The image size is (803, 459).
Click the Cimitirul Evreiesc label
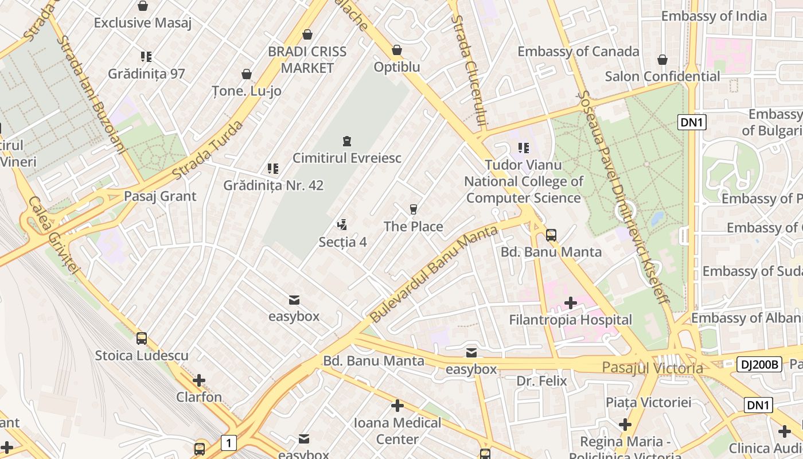[347, 158]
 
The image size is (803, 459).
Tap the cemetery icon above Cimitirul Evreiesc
[347, 141]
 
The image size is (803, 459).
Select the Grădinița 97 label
[146, 73]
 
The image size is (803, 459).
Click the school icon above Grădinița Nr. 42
[273, 169]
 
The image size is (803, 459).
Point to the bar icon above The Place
[414, 209]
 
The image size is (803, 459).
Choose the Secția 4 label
[342, 242]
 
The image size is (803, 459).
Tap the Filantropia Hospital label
[571, 320]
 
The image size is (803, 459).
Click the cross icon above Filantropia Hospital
[571, 302]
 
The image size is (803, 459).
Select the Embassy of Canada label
[578, 51]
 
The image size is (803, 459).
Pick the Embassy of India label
[714, 15]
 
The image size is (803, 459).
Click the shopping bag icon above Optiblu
[397, 50]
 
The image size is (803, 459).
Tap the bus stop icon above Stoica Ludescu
[142, 339]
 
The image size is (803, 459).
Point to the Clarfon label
[199, 397]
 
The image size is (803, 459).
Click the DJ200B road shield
[759, 364]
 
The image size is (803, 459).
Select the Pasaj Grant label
[160, 196]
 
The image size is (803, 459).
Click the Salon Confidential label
[662, 76]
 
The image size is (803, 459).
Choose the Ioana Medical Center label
[397, 431]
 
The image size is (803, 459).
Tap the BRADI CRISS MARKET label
[307, 60]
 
